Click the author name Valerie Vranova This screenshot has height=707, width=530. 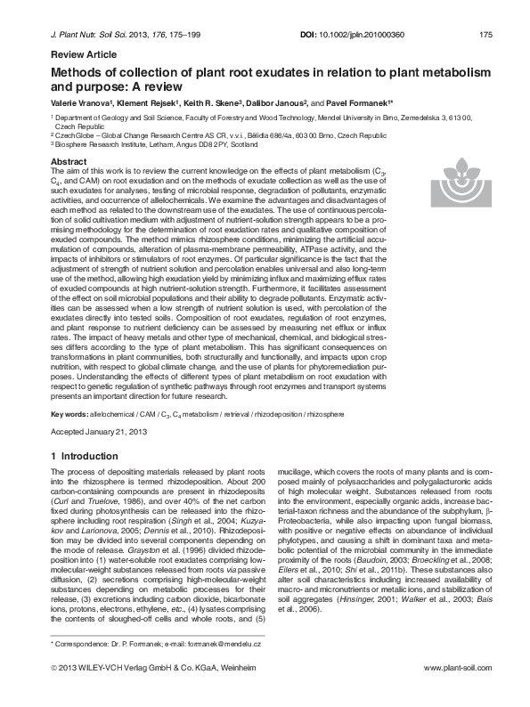[x=77, y=104]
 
